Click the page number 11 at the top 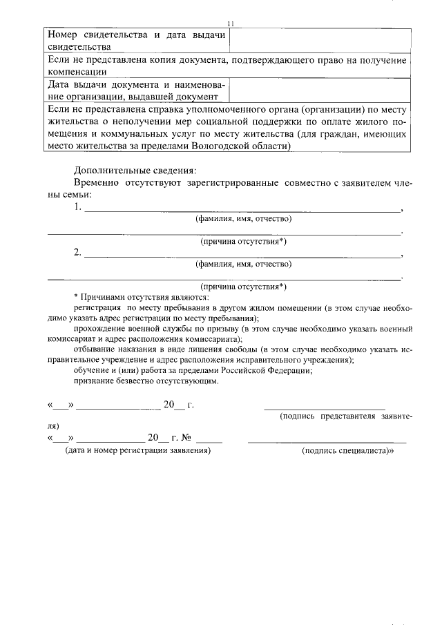pyautogui.click(x=231, y=23)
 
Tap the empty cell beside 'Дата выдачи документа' pyautogui.click(x=320, y=90)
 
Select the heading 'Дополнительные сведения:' pyautogui.click(x=135, y=170)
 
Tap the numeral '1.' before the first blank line pyautogui.click(x=78, y=206)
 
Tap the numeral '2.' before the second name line pyautogui.click(x=78, y=252)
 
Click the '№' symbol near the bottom pyautogui.click(x=186, y=437)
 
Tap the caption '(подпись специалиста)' pyautogui.click(x=347, y=450)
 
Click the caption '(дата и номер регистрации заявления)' pyautogui.click(x=137, y=450)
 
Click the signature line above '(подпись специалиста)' pyautogui.click(x=327, y=441)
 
